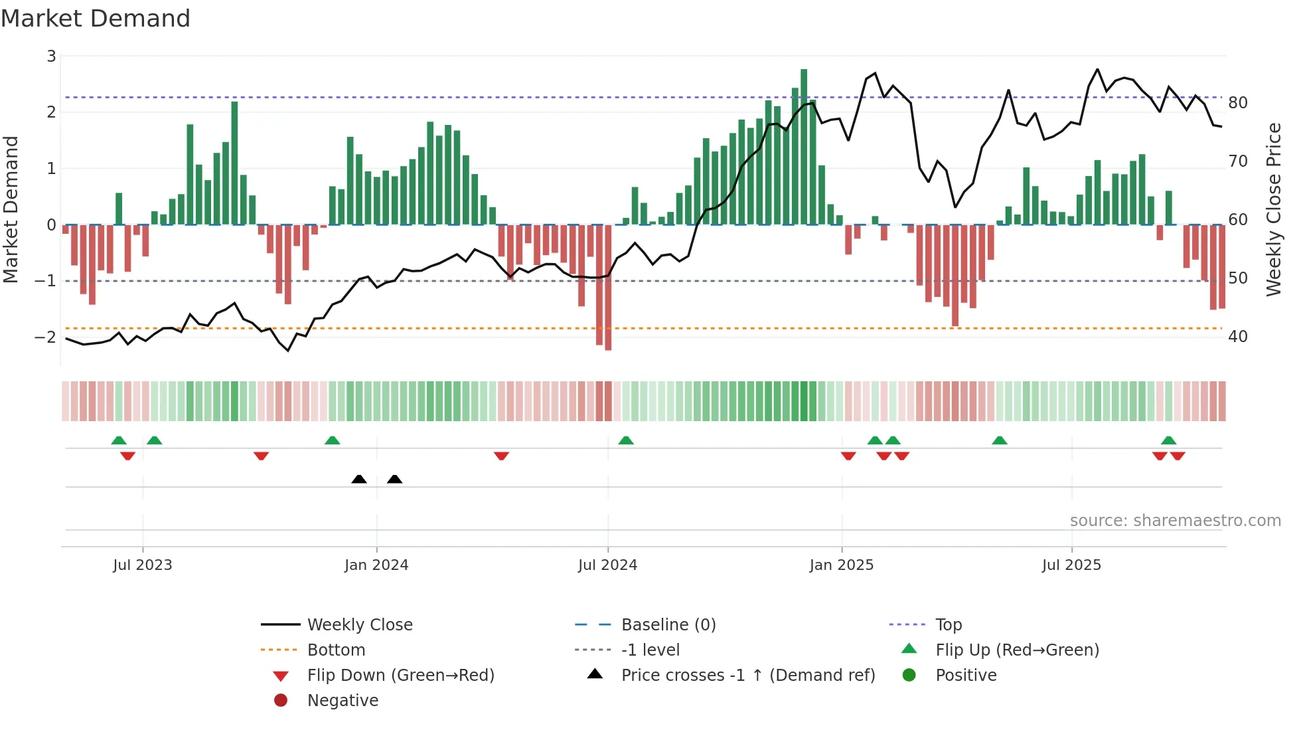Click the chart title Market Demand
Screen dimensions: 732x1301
tap(96, 19)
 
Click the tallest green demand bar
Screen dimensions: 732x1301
tap(804, 146)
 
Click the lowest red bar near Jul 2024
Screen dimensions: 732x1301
tap(608, 287)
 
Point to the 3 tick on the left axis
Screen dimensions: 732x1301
tap(51, 56)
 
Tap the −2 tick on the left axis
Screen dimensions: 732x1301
tap(45, 337)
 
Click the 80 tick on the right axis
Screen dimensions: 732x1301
tap(1237, 103)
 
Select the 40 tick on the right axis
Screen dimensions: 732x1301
tap(1237, 337)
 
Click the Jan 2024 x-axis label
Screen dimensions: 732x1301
tap(376, 565)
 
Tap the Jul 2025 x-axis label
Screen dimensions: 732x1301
tap(1071, 565)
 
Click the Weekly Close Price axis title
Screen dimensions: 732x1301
tap(1273, 209)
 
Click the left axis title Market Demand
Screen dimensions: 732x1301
tap(11, 209)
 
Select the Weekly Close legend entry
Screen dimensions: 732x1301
tap(359, 625)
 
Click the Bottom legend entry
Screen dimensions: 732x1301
tap(336, 650)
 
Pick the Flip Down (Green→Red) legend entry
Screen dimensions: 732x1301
tap(400, 676)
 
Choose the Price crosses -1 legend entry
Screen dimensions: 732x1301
tap(747, 676)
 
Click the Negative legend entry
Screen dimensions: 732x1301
tap(343, 701)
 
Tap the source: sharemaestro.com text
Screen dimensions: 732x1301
tap(1175, 521)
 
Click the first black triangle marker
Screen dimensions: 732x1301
tap(359, 479)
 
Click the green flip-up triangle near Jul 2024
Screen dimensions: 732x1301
tap(626, 440)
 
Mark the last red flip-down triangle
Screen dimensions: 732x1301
tap(1178, 456)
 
